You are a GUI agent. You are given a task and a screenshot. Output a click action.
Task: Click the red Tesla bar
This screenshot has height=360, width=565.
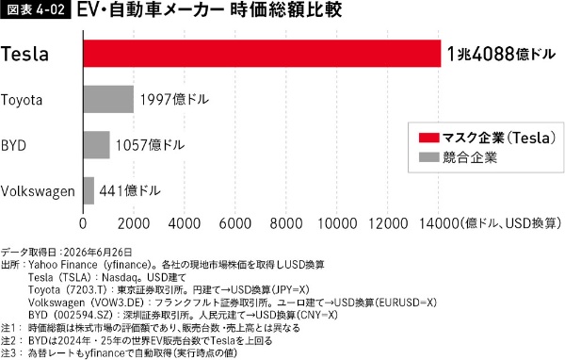tap(262, 54)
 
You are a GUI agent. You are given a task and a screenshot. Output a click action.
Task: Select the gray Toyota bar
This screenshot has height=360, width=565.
tap(108, 99)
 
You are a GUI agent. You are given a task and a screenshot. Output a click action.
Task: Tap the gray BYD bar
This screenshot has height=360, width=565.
tap(97, 144)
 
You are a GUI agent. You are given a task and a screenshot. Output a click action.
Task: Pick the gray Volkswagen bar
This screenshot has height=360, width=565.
tap(89, 190)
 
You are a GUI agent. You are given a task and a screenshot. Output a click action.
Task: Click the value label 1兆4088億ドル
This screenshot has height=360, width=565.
tap(501, 54)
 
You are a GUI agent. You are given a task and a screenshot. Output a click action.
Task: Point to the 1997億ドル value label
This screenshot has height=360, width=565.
tap(174, 99)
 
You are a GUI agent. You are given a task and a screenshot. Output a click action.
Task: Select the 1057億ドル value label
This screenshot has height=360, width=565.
tap(150, 145)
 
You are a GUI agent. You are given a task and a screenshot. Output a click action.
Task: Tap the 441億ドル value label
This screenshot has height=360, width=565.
tap(130, 190)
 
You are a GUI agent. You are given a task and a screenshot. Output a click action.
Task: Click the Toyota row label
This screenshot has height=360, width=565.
tap(22, 100)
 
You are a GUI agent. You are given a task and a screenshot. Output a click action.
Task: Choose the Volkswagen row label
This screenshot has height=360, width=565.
tap(38, 191)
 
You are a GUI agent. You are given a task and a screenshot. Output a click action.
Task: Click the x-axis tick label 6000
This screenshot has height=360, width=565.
tap(234, 223)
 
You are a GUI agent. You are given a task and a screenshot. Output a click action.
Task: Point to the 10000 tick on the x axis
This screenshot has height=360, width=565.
tap(337, 223)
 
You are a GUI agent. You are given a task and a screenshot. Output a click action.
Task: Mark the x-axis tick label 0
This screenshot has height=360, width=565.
tap(83, 223)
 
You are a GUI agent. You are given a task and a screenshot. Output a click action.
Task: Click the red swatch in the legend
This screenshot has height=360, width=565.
tap(428, 138)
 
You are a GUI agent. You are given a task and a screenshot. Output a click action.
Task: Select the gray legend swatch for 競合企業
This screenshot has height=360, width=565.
tap(428, 157)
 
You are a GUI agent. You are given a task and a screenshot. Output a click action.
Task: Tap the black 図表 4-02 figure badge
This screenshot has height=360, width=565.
tap(36, 9)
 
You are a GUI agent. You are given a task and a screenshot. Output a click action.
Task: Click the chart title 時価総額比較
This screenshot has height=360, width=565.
tap(285, 9)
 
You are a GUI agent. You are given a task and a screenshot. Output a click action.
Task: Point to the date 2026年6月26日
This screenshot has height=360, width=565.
tap(98, 252)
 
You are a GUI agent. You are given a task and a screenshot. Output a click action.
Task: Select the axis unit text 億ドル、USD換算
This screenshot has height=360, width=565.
tap(511, 223)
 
